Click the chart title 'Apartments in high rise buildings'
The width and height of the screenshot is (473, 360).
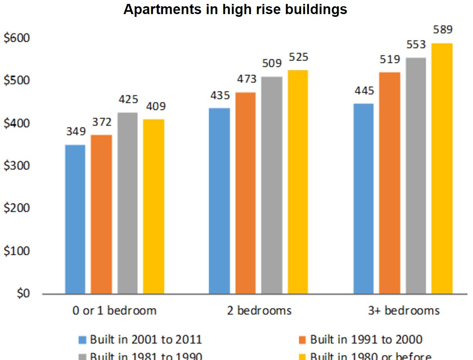pos(235,9)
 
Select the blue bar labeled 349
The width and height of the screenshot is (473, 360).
pos(75,219)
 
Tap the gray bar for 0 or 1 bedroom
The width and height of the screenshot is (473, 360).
pos(127,203)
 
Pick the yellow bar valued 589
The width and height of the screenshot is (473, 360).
pos(442,168)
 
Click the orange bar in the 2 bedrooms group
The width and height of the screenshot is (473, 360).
pos(245,193)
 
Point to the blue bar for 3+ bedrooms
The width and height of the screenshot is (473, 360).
pos(364,199)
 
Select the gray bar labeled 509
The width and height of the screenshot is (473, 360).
pos(272,185)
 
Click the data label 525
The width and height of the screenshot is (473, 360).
pos(298,57)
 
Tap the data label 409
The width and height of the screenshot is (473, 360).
pos(156,106)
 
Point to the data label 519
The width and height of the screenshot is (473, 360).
pos(390,60)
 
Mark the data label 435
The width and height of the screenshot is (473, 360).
pos(220,95)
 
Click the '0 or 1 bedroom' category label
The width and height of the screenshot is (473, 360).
pos(114,311)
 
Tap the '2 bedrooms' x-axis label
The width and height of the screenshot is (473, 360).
pos(259,311)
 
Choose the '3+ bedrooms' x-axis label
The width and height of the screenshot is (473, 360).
pos(404,311)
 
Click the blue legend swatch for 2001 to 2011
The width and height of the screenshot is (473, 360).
pos(83,340)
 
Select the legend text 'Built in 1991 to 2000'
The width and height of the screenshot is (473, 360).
pos(366,339)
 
